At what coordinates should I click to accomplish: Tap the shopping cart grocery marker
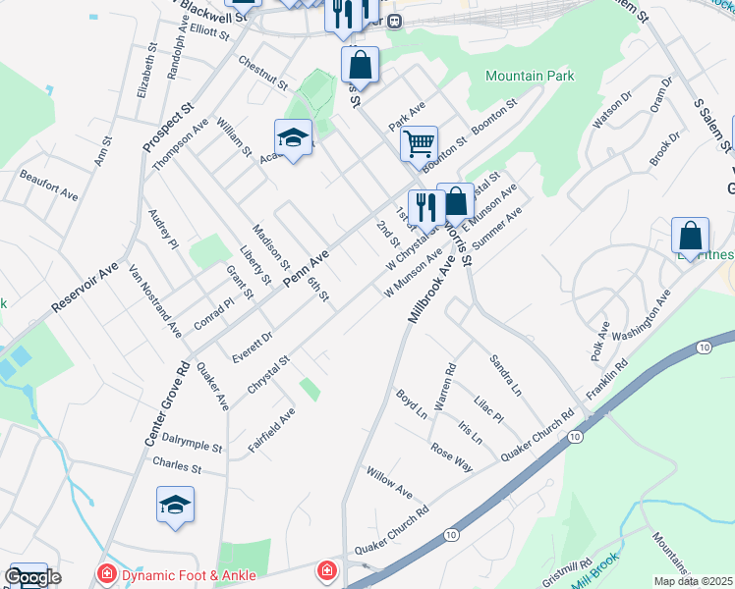pyautogui.click(x=419, y=143)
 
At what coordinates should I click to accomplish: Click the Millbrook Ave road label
pyautogui.click(x=432, y=293)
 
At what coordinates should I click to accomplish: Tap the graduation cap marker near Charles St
pyautogui.click(x=176, y=505)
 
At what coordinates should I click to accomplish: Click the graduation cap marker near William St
pyautogui.click(x=293, y=138)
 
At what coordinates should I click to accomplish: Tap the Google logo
pyautogui.click(x=31, y=577)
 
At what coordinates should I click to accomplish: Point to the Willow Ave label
pyautogui.click(x=389, y=482)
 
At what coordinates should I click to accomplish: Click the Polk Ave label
pyautogui.click(x=600, y=340)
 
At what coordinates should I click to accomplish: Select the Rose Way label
pyautogui.click(x=451, y=456)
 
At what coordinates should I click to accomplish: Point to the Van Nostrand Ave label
pyautogui.click(x=155, y=299)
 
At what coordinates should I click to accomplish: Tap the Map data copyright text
pyautogui.click(x=694, y=580)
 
